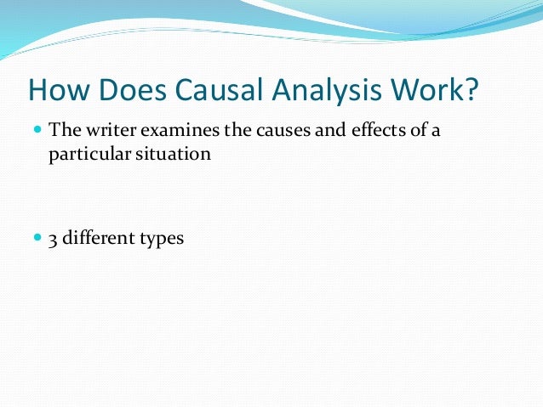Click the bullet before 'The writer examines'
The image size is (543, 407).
[38, 131]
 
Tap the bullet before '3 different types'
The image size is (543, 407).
[38, 239]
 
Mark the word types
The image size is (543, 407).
[161, 240]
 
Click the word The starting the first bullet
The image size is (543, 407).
[63, 131]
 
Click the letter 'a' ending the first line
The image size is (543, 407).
[436, 132]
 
